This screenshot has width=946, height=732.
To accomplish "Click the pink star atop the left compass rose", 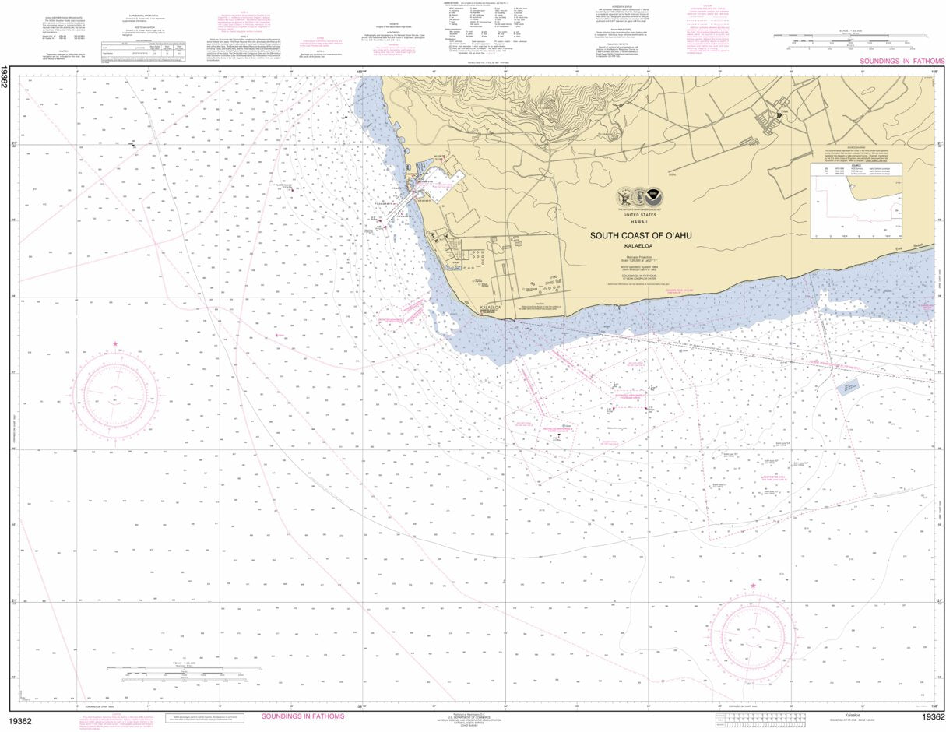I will point(115,343).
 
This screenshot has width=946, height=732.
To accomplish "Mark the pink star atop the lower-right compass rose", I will point(753,586).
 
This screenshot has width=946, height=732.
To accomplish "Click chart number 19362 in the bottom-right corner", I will point(932,717).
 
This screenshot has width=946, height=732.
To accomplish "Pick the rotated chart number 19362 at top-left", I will point(5,78).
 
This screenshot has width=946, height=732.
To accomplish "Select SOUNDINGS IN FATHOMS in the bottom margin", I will point(303,716).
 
